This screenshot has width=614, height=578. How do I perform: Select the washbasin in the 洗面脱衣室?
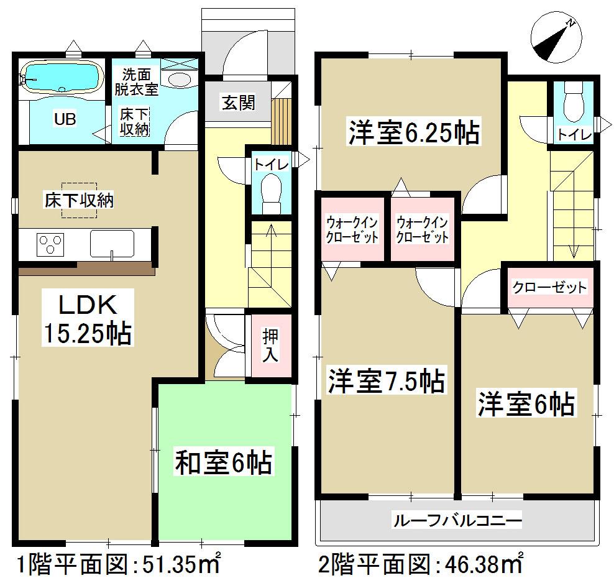[180, 80]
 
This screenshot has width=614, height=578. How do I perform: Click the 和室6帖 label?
[224, 463]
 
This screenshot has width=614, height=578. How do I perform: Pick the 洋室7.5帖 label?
[386, 380]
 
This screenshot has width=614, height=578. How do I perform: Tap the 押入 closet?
[270, 345]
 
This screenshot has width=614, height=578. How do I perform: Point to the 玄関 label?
[239, 101]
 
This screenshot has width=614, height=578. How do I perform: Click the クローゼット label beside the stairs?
[549, 287]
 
